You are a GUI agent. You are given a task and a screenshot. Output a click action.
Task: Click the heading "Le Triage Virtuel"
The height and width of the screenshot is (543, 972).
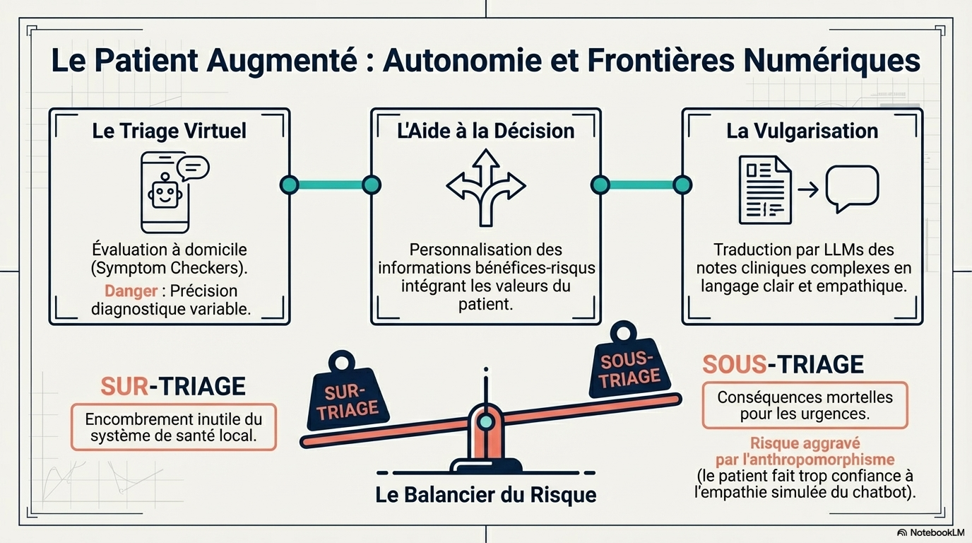[x=169, y=131]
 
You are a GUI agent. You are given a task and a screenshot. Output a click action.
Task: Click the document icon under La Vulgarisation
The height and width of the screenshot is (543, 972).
[x=764, y=189]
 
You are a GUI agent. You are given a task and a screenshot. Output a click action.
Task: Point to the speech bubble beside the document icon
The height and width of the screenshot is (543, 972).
[x=852, y=188]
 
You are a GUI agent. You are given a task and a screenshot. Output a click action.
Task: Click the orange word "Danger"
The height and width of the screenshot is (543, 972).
[x=131, y=291]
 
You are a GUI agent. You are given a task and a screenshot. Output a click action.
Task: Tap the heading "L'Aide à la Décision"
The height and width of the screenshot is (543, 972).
[x=485, y=131]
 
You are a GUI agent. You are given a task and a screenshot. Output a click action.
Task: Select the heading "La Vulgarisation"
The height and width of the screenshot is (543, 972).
[x=802, y=131]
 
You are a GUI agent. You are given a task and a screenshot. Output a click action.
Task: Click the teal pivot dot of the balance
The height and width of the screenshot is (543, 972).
[x=485, y=421]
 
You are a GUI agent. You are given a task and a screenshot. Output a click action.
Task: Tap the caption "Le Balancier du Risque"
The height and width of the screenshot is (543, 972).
[x=485, y=494]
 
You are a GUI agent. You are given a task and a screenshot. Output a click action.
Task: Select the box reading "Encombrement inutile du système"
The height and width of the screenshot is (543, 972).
[x=173, y=427]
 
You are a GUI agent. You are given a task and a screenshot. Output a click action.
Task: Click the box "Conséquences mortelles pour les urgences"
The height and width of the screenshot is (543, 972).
[x=805, y=405]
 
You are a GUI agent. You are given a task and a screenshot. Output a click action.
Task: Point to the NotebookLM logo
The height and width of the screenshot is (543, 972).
[x=930, y=532]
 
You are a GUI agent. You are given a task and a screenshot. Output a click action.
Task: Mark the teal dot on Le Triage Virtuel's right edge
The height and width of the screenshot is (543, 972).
[x=289, y=185]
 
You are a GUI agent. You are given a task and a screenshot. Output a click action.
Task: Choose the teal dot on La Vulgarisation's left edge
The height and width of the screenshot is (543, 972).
[x=682, y=185]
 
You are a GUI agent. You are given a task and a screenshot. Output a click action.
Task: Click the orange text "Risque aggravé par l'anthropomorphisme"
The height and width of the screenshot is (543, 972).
[x=805, y=451]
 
